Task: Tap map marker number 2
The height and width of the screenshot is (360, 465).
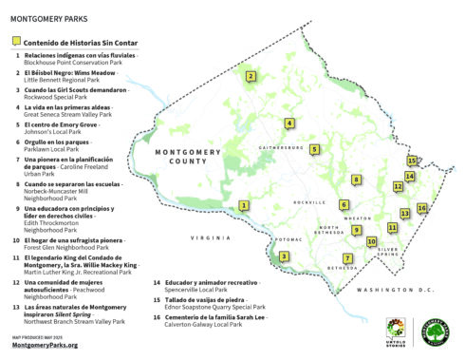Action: click(x=250, y=77)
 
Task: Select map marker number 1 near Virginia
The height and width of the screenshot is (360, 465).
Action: click(x=244, y=205)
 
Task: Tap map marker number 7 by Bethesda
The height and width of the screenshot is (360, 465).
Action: click(x=348, y=258)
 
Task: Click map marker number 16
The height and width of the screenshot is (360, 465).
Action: click(x=421, y=208)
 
